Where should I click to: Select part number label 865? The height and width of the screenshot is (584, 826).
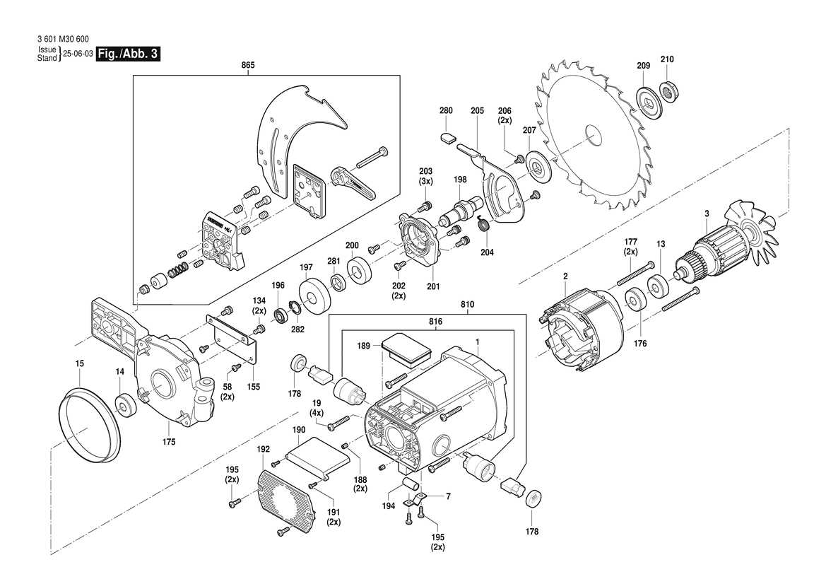tap(247, 64)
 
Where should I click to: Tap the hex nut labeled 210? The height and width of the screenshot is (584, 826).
tap(668, 90)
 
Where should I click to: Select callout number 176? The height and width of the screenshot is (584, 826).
tap(640, 344)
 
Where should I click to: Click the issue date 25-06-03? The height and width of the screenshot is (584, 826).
tap(78, 54)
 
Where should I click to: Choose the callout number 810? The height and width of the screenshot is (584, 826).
tap(467, 305)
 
